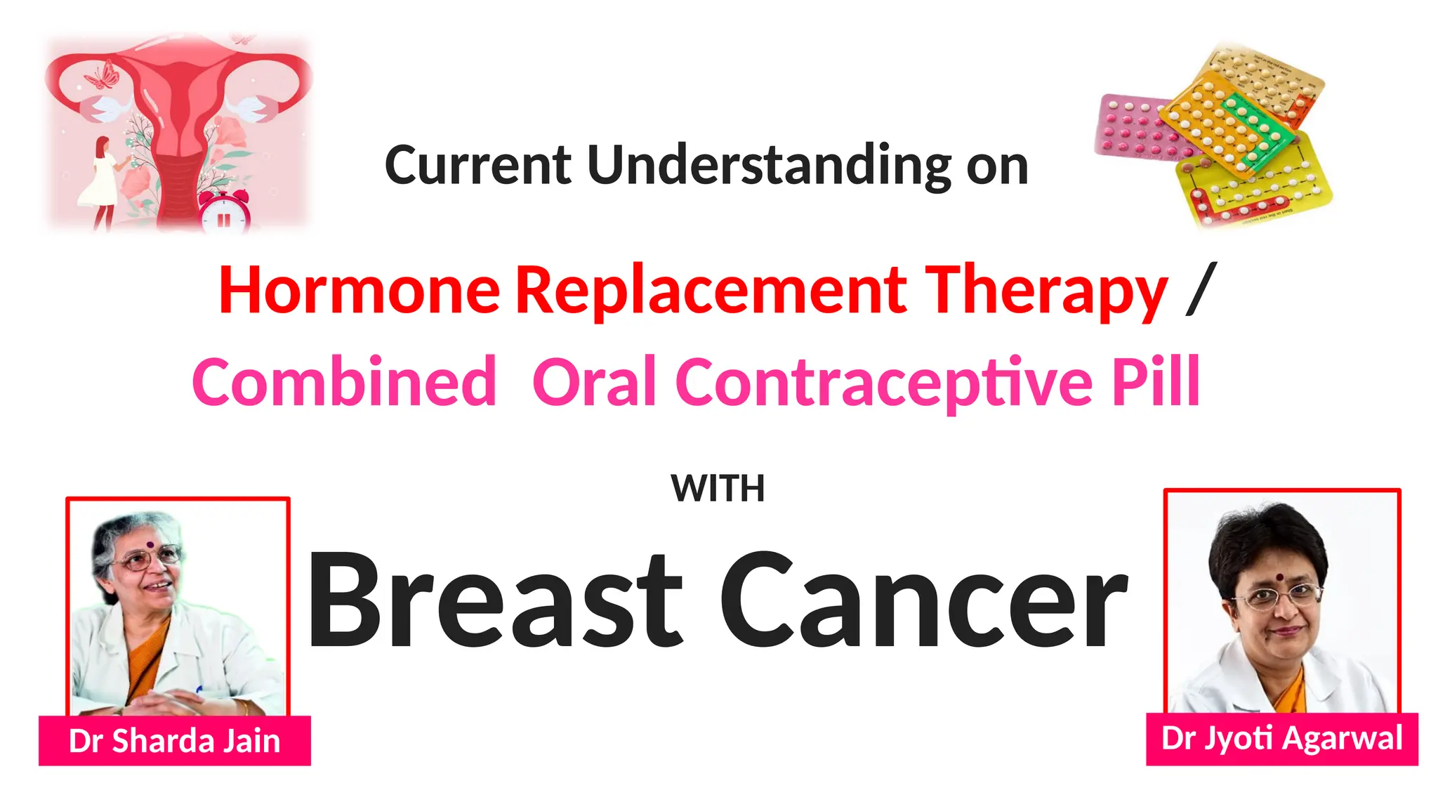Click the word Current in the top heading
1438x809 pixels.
(x=478, y=166)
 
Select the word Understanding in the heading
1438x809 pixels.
(x=769, y=166)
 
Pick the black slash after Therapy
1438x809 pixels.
(x=1201, y=289)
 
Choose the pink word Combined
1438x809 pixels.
(x=344, y=382)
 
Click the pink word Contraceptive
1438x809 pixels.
(x=884, y=382)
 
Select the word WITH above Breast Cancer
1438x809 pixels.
(x=718, y=488)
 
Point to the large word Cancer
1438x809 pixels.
(x=923, y=600)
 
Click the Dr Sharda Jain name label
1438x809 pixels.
(x=175, y=741)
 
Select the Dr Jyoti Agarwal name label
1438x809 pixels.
(x=1282, y=739)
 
